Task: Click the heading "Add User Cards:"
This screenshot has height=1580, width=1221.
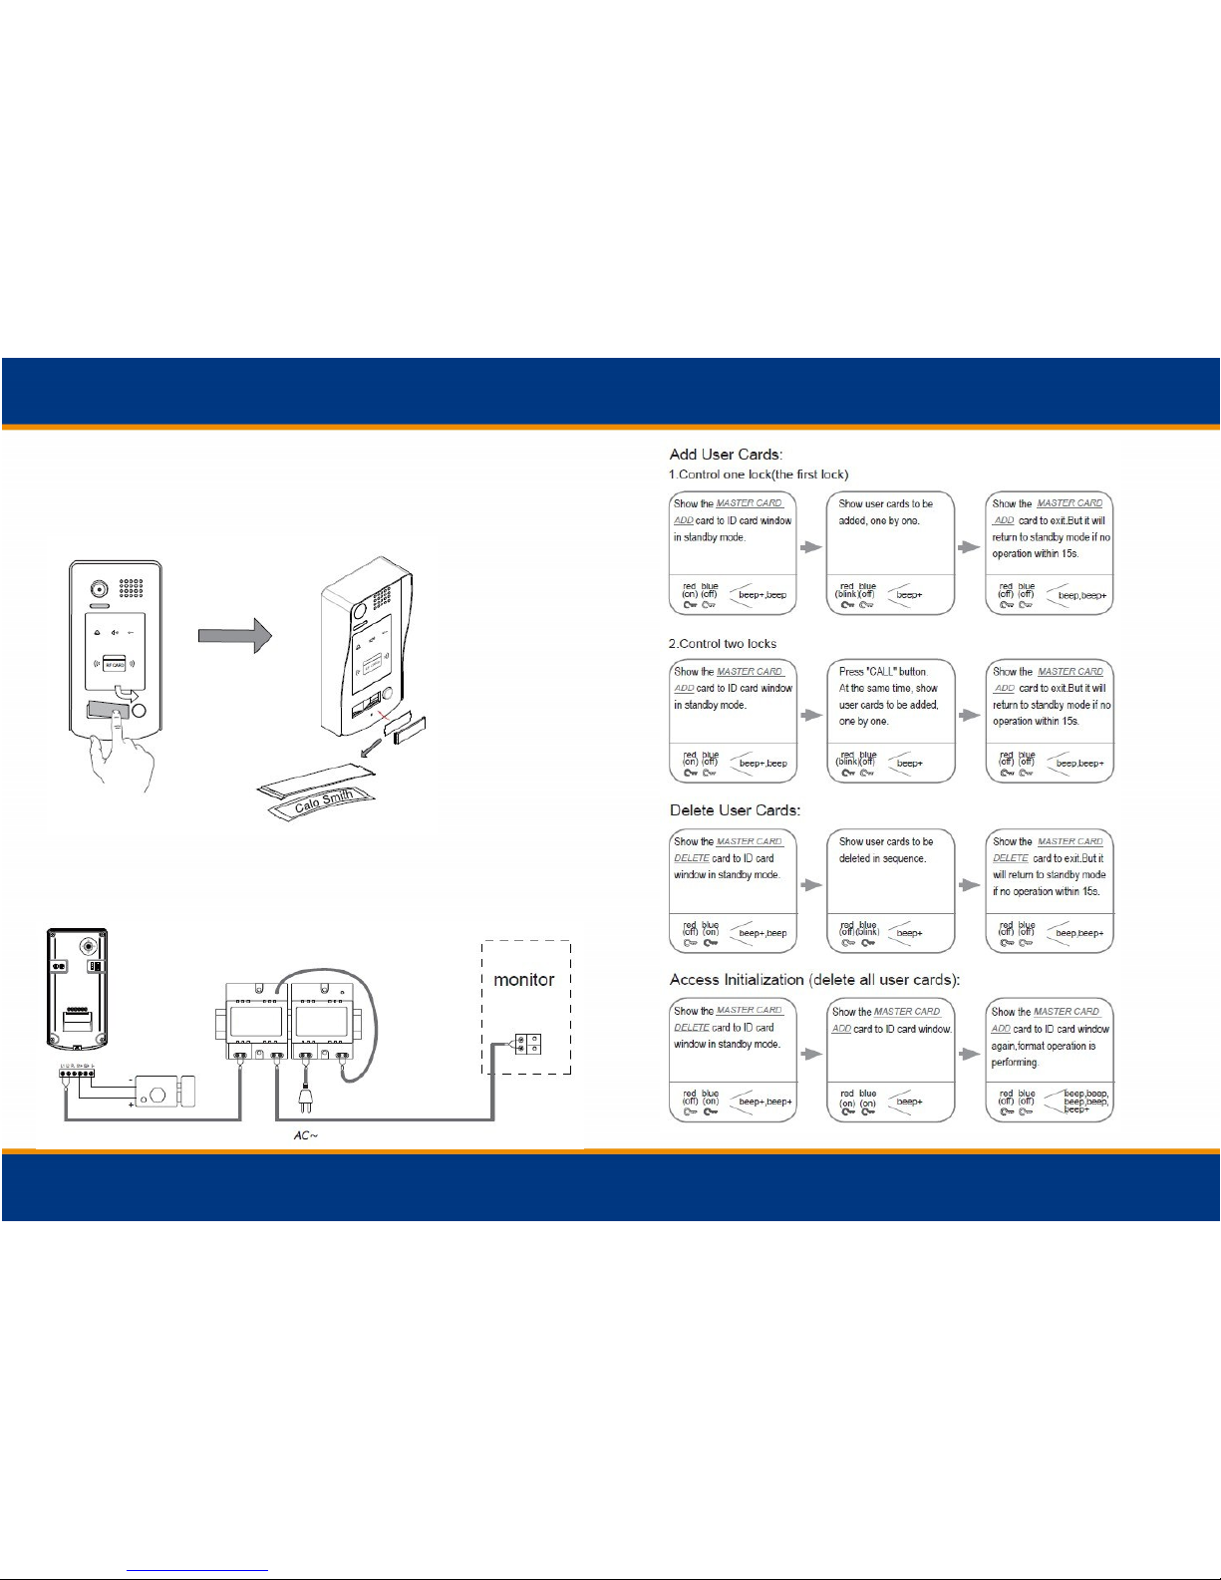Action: (x=726, y=455)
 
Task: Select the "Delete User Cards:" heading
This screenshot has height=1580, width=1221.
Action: (x=735, y=810)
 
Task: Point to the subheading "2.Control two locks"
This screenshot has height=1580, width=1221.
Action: (x=723, y=644)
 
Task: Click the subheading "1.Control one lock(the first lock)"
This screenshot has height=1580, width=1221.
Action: (x=759, y=474)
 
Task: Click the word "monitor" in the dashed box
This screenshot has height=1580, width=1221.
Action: (x=523, y=980)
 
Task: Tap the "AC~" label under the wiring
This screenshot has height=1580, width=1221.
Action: (x=306, y=1136)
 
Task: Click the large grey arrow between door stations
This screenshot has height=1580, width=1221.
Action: (x=235, y=634)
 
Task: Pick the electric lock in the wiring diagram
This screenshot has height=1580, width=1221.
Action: (x=164, y=1091)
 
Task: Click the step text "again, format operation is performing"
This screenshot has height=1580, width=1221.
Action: (x=1044, y=1054)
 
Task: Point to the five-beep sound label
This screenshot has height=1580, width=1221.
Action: (x=1085, y=1101)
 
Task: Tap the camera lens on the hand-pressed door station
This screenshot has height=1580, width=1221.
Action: (x=98, y=588)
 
